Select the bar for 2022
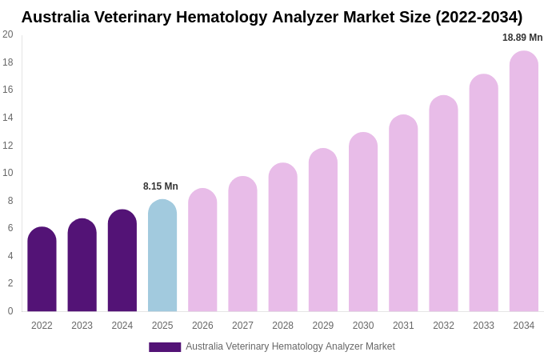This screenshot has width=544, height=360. click(42, 270)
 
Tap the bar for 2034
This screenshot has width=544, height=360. click(524, 182)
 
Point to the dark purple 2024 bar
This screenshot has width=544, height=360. click(122, 261)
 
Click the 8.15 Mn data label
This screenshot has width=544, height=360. click(161, 186)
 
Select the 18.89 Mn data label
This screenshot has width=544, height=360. click(522, 38)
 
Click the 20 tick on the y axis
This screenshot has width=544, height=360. click(8, 34)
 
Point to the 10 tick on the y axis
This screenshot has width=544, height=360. click(8, 173)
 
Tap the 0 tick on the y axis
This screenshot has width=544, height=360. click(10, 311)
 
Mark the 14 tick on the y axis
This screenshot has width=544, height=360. click(8, 118)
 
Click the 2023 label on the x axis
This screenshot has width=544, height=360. click(82, 326)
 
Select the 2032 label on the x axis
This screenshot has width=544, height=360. click(443, 326)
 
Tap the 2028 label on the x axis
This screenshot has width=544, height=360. click(282, 326)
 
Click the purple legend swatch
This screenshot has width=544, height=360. click(165, 347)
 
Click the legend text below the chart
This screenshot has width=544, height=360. click(290, 346)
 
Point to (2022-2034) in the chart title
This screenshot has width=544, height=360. click(479, 17)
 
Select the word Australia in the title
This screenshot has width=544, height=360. click(56, 17)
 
